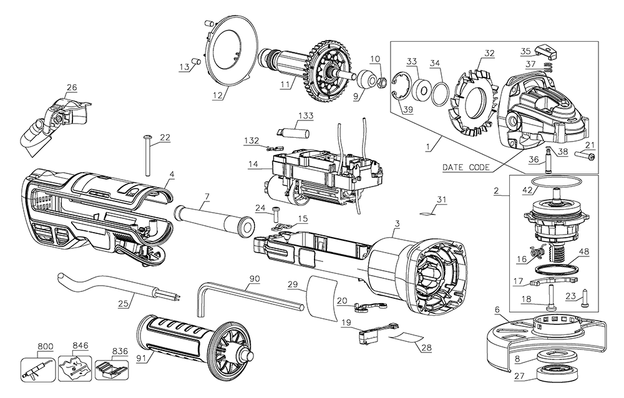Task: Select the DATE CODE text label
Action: click(465, 167)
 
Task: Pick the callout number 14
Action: click(252, 165)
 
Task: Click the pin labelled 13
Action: click(194, 61)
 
